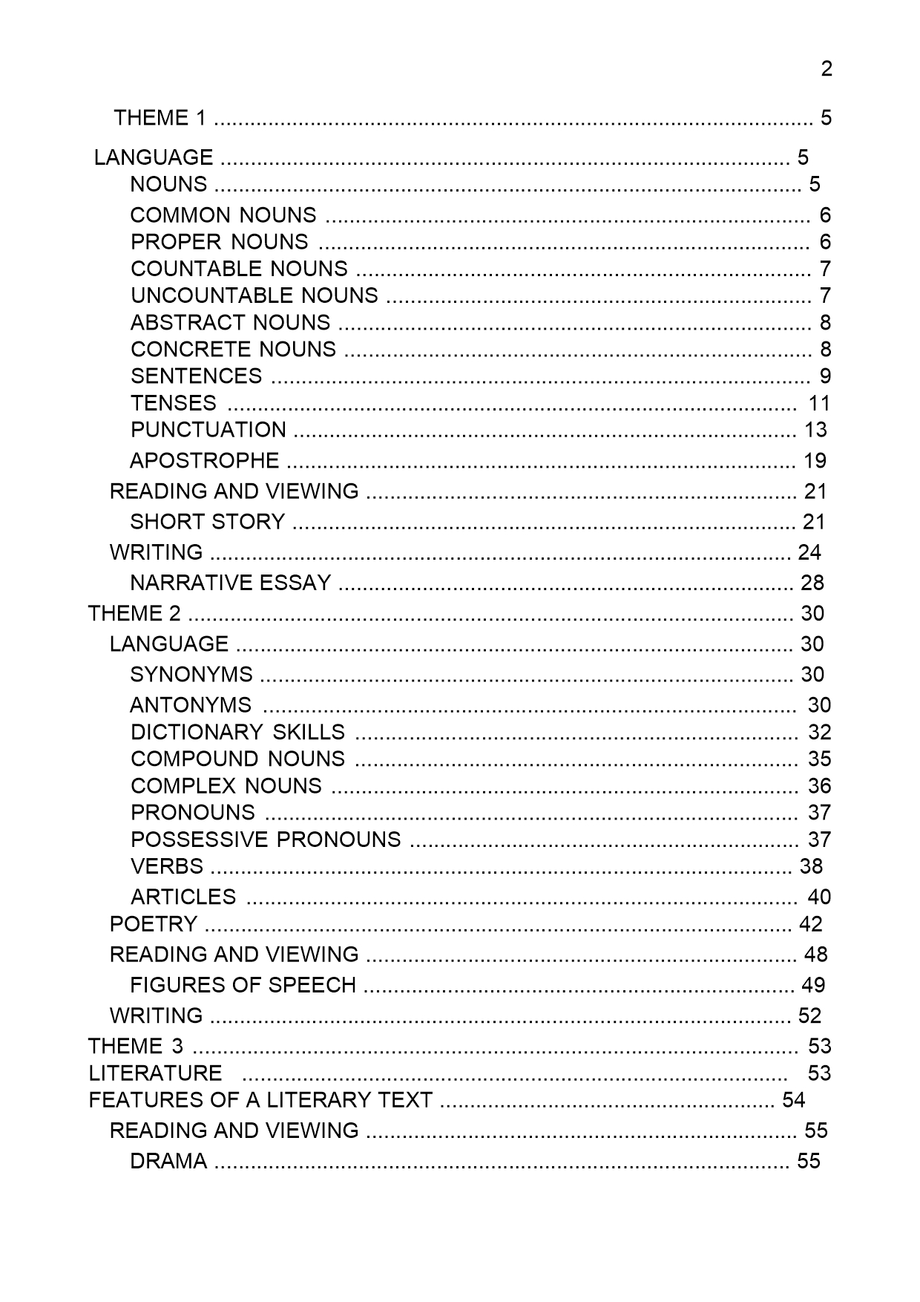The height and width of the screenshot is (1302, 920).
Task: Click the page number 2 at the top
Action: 827,69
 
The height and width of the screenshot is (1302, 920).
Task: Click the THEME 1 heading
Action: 160,117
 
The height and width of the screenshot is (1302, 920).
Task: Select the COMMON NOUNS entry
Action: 223,215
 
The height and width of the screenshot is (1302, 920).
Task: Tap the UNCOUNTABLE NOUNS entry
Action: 254,295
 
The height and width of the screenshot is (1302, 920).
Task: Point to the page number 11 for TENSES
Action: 819,403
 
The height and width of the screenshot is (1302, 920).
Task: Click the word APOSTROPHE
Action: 205,460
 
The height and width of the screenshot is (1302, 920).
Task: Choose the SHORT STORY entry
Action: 208,522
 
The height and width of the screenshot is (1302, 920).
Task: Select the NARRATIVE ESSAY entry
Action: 231,583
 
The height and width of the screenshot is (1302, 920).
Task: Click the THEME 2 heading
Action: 134,613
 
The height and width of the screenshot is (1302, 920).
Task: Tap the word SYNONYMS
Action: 191,674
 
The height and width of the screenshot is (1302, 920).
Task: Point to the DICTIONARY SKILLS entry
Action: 238,732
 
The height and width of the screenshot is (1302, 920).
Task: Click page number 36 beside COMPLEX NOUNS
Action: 820,785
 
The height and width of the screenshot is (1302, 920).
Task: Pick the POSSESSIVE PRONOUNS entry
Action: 266,839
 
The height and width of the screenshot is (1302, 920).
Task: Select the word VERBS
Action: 167,866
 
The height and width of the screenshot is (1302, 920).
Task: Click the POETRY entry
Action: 154,923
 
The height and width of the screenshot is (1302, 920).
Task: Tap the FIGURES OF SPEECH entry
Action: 243,984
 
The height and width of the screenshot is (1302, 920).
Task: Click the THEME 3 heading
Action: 136,1046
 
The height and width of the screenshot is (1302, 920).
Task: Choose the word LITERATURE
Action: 155,1073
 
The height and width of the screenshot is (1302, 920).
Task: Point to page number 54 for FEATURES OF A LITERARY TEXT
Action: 793,1099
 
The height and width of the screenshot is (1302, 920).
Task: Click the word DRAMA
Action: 168,1160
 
